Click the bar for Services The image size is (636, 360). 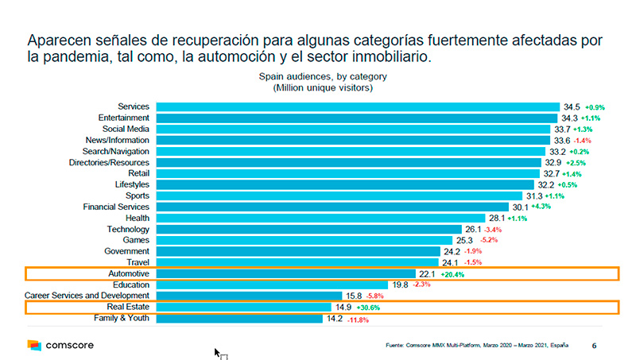[358, 106]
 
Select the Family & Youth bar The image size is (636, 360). [239, 319]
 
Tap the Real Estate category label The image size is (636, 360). [129, 307]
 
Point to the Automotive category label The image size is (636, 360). [130, 273]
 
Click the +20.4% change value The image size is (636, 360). [452, 273]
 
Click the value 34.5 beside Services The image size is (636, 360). [572, 106]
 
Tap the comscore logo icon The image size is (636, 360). [34, 345]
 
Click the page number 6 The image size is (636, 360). [595, 346]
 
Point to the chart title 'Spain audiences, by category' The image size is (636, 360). [323, 75]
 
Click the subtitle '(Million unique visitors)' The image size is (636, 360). [323, 87]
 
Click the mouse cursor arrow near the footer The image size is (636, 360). [217, 351]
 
